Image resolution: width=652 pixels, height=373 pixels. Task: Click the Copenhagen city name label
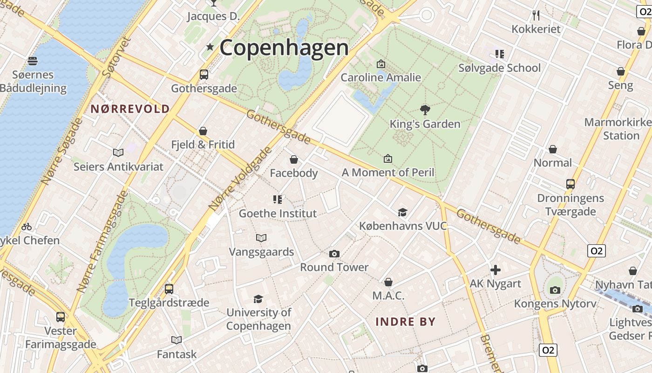click(284, 48)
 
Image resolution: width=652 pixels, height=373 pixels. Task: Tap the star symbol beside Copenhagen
click(210, 47)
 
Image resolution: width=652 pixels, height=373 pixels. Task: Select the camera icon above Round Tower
click(334, 254)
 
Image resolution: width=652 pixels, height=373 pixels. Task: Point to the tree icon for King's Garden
click(425, 110)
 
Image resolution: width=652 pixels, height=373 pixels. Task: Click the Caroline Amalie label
click(380, 77)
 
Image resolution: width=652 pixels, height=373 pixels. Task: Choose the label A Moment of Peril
click(387, 173)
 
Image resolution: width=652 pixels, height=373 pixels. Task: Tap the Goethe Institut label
click(278, 214)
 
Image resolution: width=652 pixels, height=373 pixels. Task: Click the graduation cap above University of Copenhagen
click(258, 299)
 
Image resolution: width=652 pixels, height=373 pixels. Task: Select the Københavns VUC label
click(402, 226)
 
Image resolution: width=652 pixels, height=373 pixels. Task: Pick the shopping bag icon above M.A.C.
click(388, 282)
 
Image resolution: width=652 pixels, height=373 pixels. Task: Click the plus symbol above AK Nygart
click(495, 270)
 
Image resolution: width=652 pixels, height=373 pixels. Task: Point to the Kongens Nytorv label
click(555, 304)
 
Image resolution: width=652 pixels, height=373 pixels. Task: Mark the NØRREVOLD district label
click(130, 109)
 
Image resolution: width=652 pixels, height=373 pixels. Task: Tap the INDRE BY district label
click(405, 322)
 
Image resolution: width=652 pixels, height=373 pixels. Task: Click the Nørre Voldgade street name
click(240, 178)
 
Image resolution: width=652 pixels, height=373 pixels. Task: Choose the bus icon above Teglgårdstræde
click(169, 289)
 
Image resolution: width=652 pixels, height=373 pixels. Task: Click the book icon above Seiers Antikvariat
click(118, 152)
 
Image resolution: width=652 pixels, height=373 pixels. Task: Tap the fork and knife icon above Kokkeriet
click(536, 15)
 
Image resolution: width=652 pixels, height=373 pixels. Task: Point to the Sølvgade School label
click(499, 68)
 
